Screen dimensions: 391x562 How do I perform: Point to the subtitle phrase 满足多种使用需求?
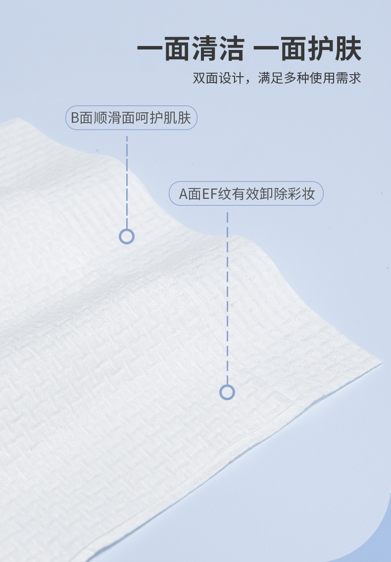click(309, 78)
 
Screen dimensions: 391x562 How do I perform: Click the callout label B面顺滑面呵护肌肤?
click(131, 118)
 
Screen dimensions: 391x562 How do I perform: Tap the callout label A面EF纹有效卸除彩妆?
click(246, 193)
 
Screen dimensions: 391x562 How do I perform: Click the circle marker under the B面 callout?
click(127, 236)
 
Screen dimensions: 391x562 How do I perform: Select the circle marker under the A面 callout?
click(227, 392)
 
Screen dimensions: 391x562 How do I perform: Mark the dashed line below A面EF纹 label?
click(227, 297)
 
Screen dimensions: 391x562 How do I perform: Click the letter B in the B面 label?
click(75, 118)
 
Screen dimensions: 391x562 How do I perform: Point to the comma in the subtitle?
click(249, 81)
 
